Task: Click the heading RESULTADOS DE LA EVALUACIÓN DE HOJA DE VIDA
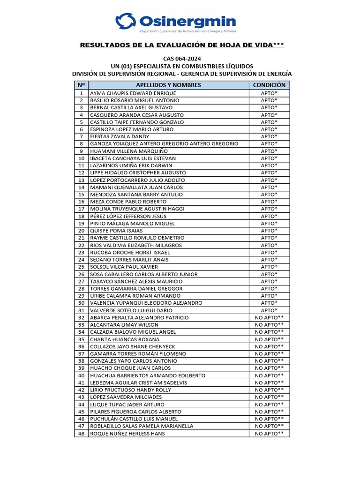point(182,45)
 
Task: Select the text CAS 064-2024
point(182,59)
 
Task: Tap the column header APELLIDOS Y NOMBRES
point(168,85)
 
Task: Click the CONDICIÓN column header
point(269,85)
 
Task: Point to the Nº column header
point(81,85)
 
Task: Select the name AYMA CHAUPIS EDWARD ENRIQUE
point(133,93)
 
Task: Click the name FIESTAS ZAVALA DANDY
point(120,136)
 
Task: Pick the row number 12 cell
point(81,173)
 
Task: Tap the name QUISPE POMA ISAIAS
point(116,231)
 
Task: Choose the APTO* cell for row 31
point(269,310)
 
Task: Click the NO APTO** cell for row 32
point(269,317)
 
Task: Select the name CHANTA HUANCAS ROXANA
point(125,339)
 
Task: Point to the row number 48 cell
point(81,434)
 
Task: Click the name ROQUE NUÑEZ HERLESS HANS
point(127,434)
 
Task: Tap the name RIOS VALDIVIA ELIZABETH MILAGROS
point(136,245)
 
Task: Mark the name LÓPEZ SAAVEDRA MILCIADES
point(127,397)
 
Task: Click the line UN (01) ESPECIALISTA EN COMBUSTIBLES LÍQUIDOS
point(182,67)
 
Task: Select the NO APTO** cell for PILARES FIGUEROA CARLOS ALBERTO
point(269,412)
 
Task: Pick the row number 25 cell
point(81,267)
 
